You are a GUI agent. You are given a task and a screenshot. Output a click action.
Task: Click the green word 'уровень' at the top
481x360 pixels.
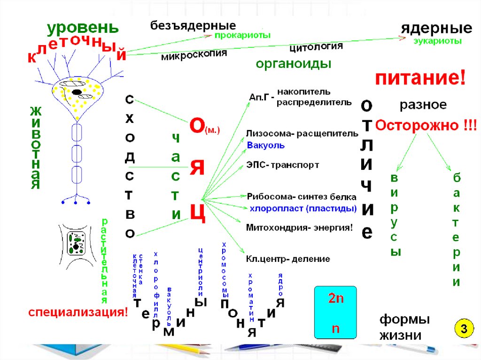80,29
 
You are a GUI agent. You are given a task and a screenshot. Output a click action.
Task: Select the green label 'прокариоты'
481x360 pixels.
242,35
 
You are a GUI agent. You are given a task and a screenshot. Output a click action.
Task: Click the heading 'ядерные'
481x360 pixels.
436,28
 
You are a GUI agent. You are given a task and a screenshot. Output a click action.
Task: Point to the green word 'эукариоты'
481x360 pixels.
437,41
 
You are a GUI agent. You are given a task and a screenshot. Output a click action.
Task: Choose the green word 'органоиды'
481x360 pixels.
294,64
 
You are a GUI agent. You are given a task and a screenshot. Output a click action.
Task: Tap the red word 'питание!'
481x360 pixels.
420,78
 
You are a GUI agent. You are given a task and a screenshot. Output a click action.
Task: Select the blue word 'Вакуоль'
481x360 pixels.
266,146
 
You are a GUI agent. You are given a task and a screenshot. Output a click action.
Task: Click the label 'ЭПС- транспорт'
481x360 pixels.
283,165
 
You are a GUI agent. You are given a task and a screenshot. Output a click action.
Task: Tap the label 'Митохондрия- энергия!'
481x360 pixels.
299,228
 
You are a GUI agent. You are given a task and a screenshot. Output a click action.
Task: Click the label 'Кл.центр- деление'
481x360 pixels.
288,259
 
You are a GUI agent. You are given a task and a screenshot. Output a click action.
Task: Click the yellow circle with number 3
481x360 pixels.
463,329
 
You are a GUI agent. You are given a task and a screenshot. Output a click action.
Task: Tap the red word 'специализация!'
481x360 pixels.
78,313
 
